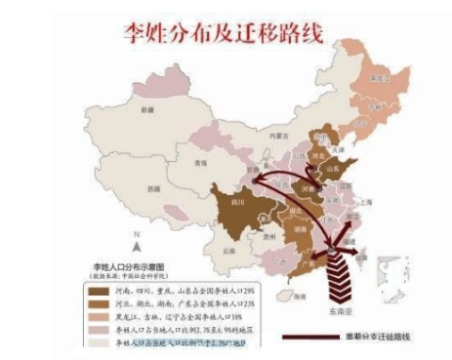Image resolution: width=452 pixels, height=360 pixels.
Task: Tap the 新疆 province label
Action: pyautogui.click(x=145, y=110)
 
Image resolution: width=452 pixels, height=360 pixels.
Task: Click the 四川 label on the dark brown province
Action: pyautogui.click(x=238, y=202)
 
